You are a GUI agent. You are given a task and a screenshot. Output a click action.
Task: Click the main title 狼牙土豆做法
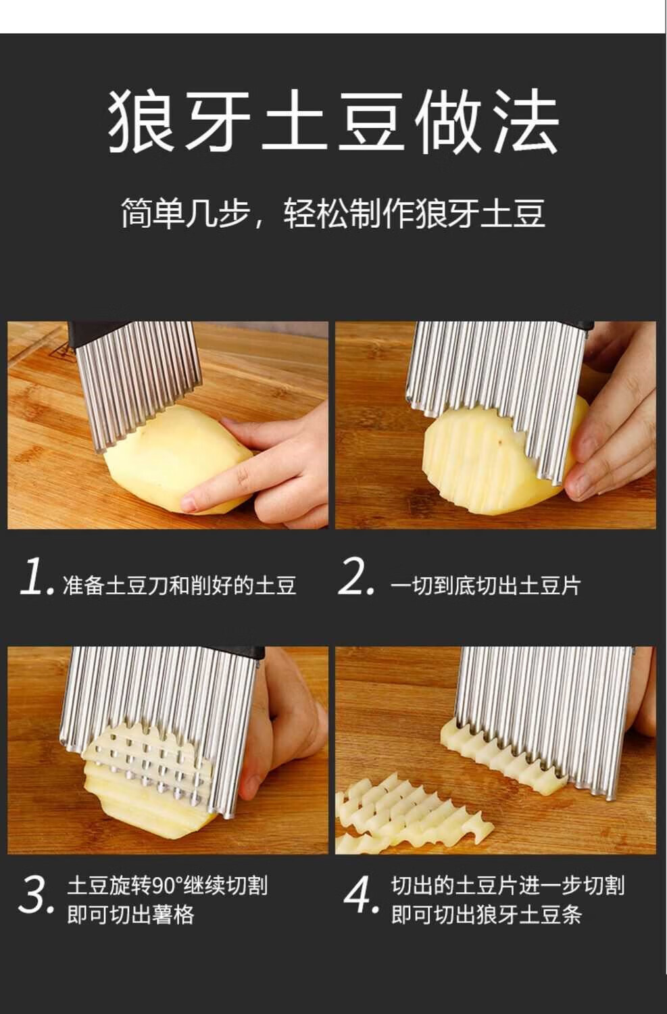coord(333,120)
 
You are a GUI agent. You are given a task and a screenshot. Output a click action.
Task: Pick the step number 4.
coord(360,894)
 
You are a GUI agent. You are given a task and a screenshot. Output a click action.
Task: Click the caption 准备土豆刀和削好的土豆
coord(180,585)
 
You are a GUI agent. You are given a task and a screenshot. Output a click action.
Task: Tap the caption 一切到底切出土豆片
coord(485,585)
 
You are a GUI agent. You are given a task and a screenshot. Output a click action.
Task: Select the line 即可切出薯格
coord(131,915)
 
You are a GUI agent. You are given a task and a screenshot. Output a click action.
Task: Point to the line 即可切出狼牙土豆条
coord(487,915)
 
